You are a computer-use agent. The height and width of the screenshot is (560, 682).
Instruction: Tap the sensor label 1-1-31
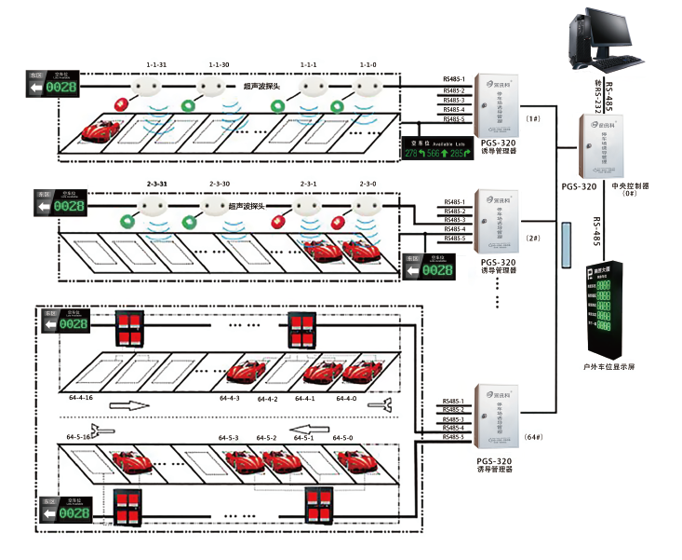(156, 64)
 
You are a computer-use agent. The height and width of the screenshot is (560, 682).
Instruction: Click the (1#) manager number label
(534, 119)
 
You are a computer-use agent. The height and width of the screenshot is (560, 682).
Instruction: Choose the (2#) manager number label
(534, 239)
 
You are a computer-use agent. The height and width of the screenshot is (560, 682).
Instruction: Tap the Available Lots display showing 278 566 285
(436, 148)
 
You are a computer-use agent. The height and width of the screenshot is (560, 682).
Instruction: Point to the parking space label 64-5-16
(78, 436)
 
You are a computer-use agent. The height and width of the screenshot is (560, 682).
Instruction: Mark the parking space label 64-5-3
(229, 438)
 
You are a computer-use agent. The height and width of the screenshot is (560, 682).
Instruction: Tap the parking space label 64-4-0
(346, 398)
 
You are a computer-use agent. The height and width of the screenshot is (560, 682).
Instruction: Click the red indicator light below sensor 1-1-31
(119, 102)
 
